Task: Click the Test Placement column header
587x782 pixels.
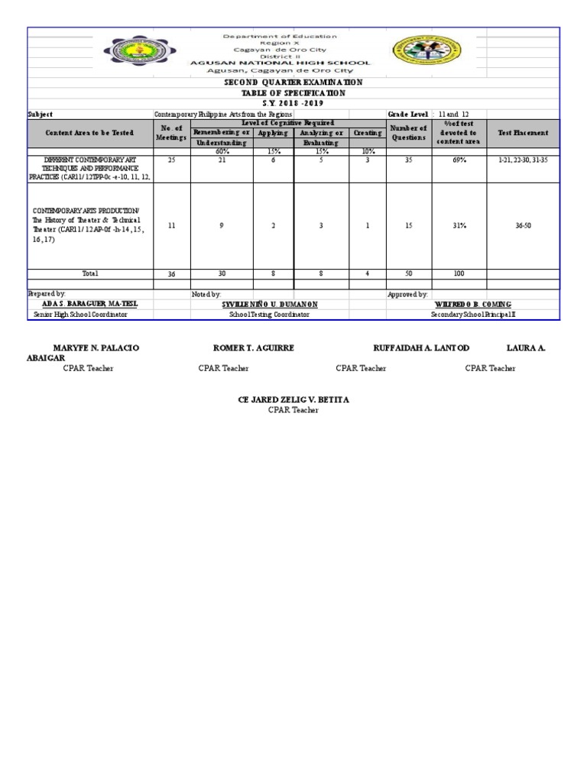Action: point(523,133)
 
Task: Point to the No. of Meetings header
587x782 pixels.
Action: point(170,133)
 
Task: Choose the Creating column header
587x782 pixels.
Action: point(368,133)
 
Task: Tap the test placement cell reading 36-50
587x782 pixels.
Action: point(523,226)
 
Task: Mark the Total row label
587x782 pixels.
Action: point(90,273)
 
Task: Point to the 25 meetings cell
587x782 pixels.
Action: point(171,161)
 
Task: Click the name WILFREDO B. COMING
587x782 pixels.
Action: point(472,304)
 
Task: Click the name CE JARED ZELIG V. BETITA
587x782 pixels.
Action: point(294,400)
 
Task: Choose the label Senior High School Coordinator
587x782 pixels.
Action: point(79,315)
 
